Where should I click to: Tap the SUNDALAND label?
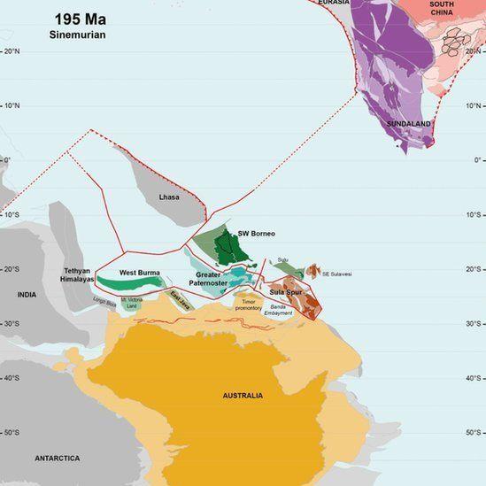click(x=409, y=124)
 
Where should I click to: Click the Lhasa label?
click(x=168, y=197)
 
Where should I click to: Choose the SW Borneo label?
click(x=256, y=234)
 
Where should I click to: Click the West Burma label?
click(x=139, y=272)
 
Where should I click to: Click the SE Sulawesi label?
click(x=337, y=274)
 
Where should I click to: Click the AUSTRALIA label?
click(x=243, y=395)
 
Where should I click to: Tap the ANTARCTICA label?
click(x=57, y=458)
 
